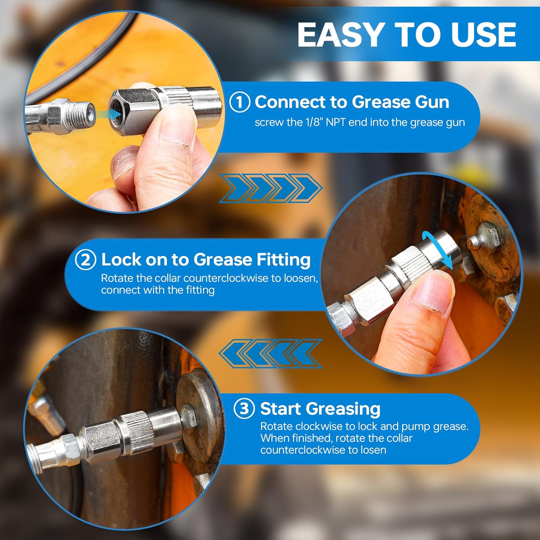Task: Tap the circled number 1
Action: click(240, 102)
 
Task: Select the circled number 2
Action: click(86, 260)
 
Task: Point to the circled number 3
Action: click(244, 409)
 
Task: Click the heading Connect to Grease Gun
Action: click(352, 102)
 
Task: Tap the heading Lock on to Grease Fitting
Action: click(206, 260)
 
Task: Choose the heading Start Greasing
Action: click(320, 409)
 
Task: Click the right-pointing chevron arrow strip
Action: click(270, 188)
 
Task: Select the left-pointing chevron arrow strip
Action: click(270, 353)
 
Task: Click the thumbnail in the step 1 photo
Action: click(173, 130)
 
